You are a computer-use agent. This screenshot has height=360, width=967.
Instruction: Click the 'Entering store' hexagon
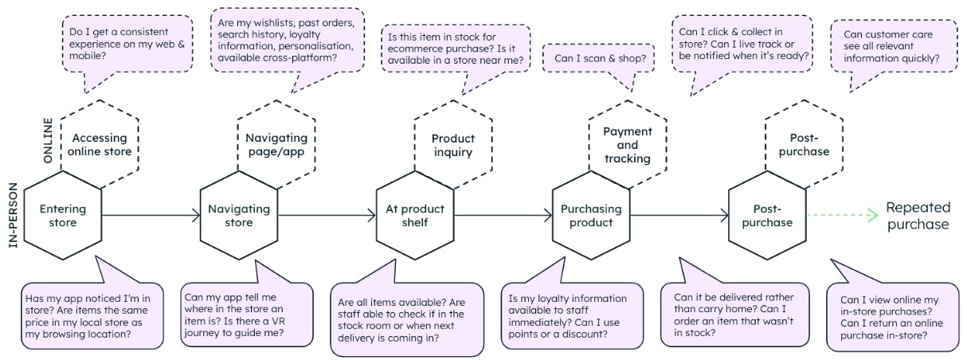click(63, 216)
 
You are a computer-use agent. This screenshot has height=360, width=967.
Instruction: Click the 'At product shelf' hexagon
click(415, 216)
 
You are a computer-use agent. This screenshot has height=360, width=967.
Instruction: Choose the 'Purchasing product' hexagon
click(591, 216)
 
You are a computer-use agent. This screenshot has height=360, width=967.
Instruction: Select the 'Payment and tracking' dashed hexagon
click(628, 145)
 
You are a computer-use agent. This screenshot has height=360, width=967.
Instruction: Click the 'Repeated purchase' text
click(918, 215)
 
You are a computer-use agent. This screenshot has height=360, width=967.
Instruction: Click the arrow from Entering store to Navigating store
click(151, 215)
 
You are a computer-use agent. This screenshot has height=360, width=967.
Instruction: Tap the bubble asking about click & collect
click(742, 44)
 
